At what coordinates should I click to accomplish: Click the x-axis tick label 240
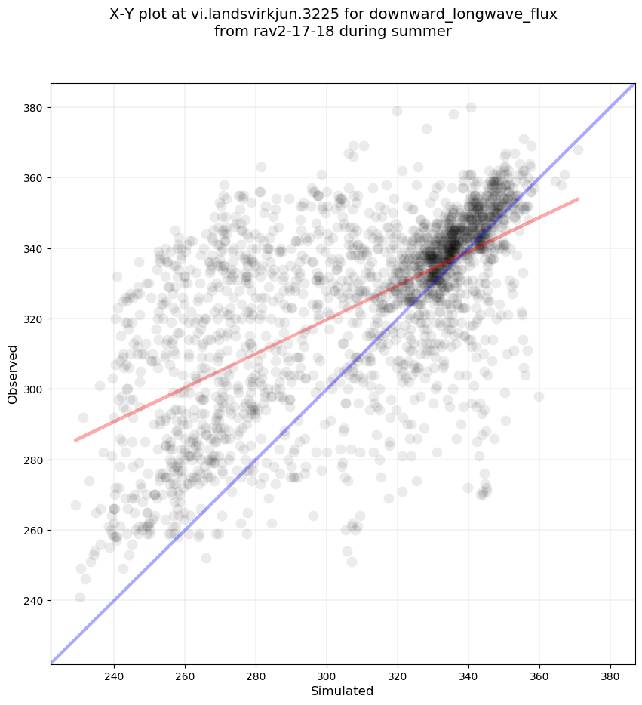114,673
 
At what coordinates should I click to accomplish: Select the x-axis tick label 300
327,673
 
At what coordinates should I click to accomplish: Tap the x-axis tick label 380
610,673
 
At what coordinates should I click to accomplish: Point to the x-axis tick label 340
468,673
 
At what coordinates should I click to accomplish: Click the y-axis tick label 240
33,601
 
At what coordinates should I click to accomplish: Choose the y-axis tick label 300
33,389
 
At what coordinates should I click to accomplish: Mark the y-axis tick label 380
33,108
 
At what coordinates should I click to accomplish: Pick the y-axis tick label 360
33,178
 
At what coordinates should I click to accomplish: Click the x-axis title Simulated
343,691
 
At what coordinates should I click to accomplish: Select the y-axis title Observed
13,374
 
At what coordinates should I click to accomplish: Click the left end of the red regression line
74,440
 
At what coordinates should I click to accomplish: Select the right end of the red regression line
579,199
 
